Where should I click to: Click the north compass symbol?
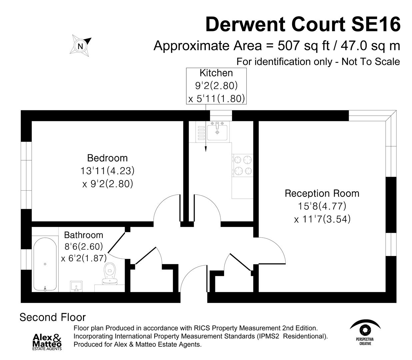click(80, 45)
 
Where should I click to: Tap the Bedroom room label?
click(107, 158)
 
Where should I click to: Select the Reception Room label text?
click(322, 193)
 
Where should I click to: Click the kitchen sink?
click(217, 131)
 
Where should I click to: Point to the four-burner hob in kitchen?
click(243, 165)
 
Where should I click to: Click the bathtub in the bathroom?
click(45, 264)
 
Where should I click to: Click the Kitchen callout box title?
click(216, 73)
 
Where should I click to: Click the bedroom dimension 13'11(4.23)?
click(107, 171)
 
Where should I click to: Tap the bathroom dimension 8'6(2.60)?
click(83, 247)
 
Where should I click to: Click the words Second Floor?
click(53, 317)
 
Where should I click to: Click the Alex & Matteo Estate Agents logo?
click(47, 342)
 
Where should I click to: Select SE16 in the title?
click(376, 24)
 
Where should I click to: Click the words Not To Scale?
click(371, 62)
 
